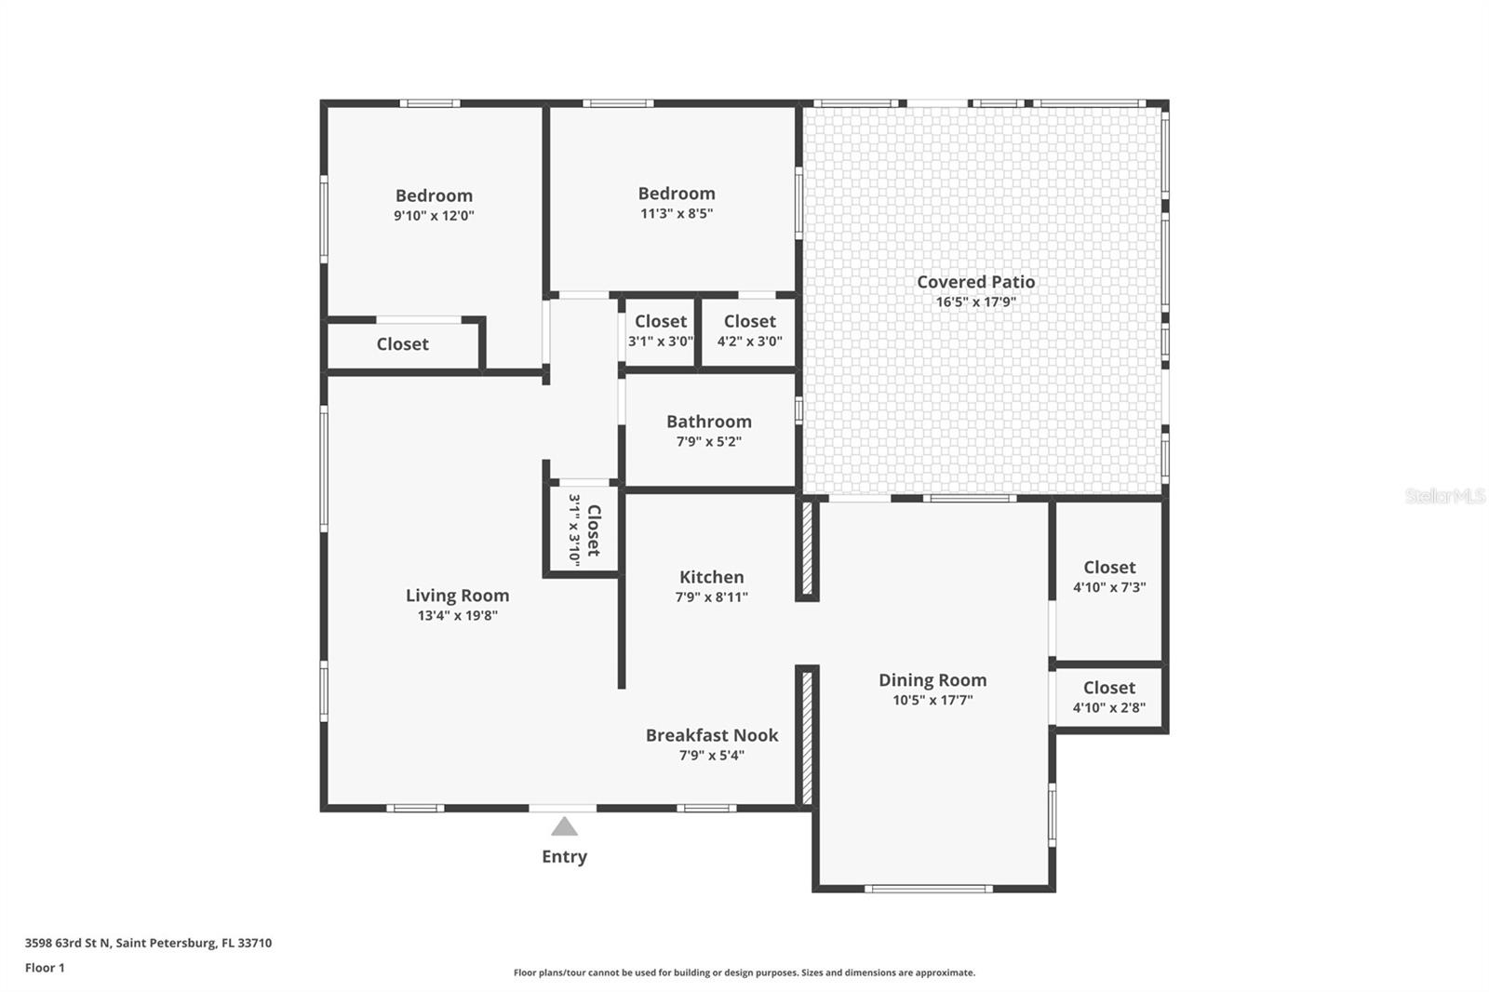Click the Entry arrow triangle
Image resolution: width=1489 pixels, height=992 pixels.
564,826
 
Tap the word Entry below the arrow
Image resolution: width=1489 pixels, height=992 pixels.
564,856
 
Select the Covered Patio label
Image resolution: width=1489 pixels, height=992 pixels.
975,281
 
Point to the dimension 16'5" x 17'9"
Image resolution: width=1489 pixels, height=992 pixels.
975,302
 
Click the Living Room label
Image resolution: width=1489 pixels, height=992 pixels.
457,596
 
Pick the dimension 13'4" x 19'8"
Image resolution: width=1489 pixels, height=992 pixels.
457,615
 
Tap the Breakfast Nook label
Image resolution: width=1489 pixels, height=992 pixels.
712,735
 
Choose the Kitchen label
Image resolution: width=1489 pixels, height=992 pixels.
711,577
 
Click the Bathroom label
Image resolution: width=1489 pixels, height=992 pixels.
708,422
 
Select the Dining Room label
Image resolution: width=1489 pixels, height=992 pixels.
932,680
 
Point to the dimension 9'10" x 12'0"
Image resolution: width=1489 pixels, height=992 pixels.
434,216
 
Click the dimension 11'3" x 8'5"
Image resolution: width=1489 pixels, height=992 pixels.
676,213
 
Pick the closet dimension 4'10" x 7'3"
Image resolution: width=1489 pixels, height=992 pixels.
1108,587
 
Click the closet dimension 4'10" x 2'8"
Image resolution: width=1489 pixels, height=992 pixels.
1108,707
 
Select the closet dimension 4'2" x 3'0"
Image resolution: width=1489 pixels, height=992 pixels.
749,342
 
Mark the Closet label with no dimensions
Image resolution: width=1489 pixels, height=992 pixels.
402,344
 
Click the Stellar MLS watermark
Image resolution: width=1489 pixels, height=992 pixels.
1444,496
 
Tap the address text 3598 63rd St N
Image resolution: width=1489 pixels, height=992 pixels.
68,943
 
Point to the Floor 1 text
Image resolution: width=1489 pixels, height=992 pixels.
45,968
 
